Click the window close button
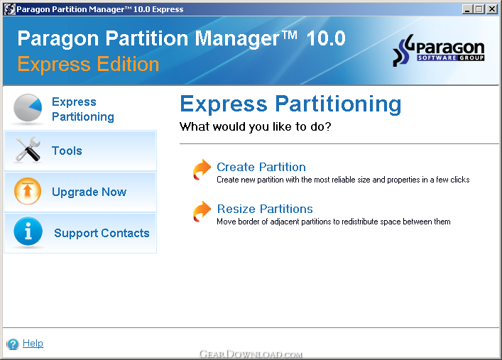pos(491,9)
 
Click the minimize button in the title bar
pos(467,9)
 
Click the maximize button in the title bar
pos(479,9)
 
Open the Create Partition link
pos(261,167)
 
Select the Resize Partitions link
pos(265,209)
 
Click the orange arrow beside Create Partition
pos(202,170)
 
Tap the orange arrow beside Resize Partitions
pos(202,212)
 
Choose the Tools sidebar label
pos(67,151)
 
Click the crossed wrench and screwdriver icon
pos(28,149)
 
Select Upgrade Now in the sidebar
pos(89,192)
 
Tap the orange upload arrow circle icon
pos(28,191)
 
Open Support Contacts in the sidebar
pos(102,233)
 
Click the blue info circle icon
pos(28,231)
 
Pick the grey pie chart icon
pos(28,108)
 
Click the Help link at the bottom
pos(33,344)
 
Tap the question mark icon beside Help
pos(13,344)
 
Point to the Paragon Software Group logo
pos(438,50)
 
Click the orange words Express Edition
pos(88,64)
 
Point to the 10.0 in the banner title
pos(326,38)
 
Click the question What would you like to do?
pos(255,127)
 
